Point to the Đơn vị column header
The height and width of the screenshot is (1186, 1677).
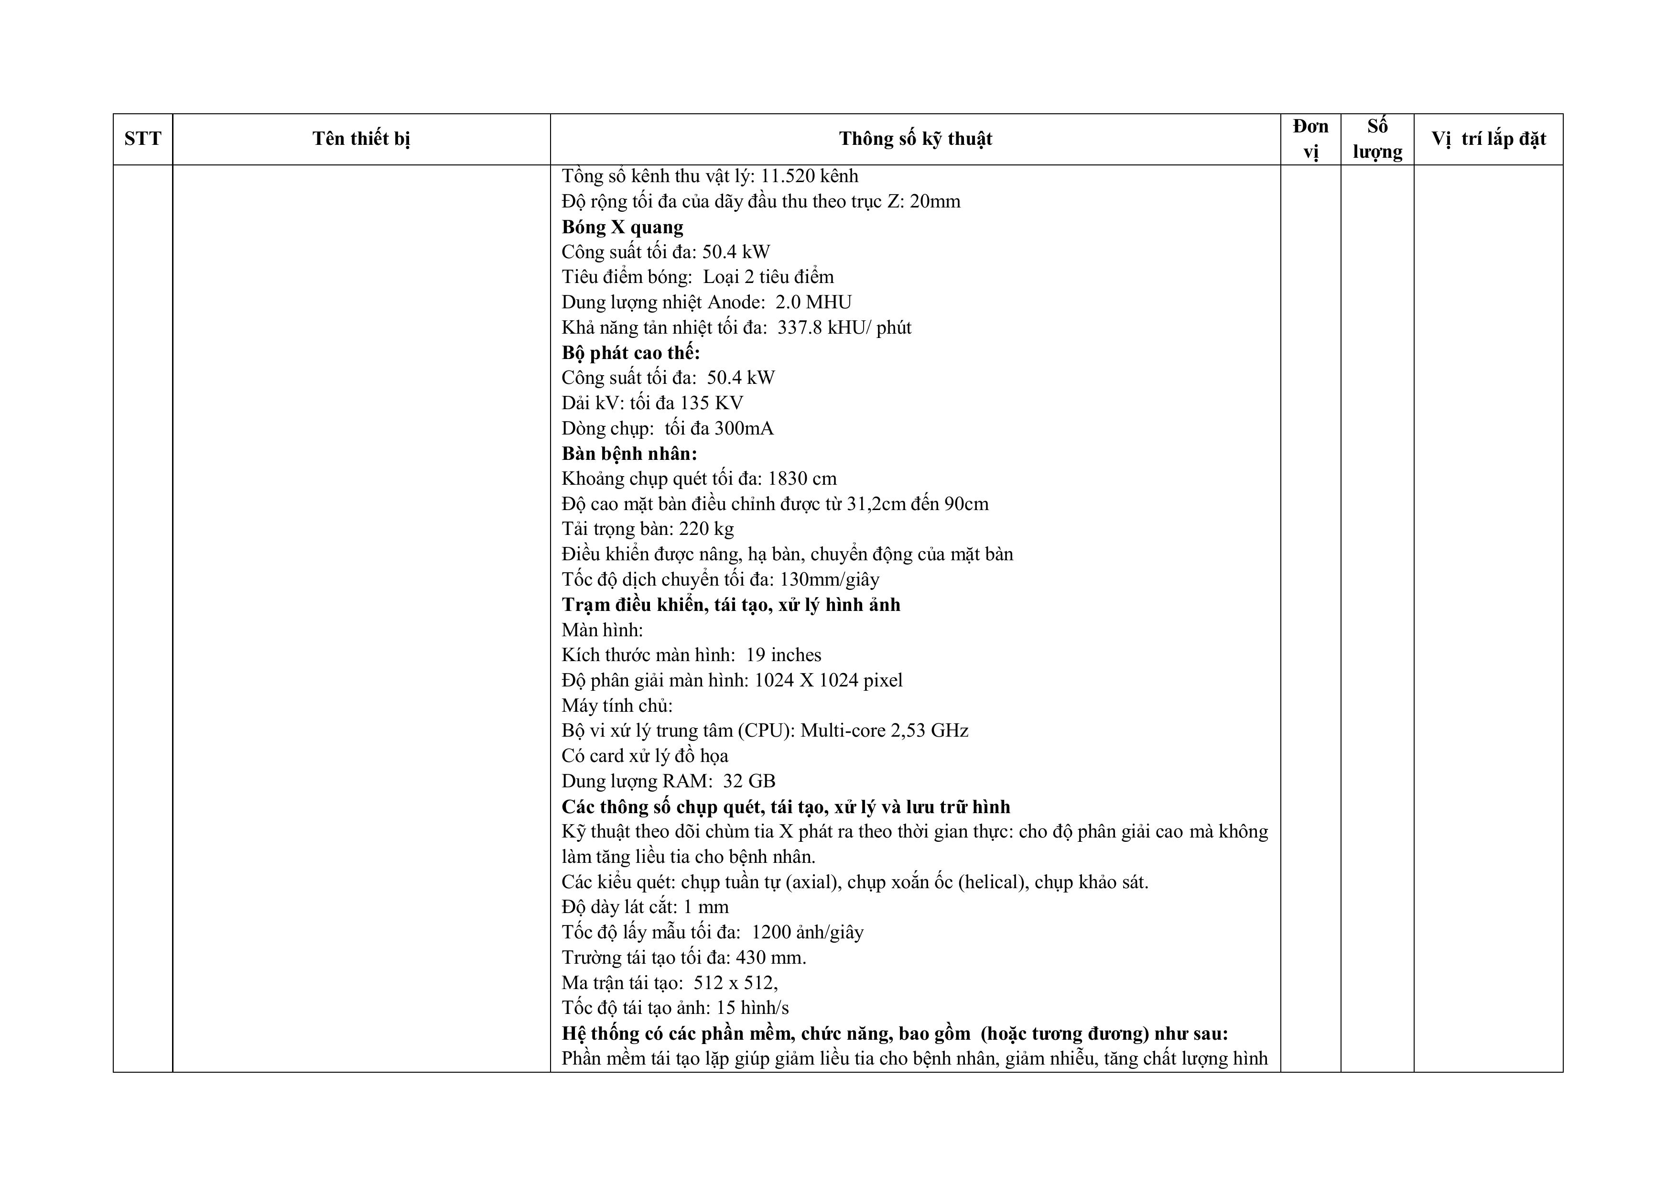tap(1310, 139)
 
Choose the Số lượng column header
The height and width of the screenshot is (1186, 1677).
tap(1377, 139)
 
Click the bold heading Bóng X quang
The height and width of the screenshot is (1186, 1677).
tap(622, 227)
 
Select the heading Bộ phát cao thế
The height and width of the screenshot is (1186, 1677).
tap(630, 353)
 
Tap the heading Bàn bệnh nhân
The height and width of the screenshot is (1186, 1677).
tap(629, 454)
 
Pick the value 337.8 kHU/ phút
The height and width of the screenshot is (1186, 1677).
tap(844, 327)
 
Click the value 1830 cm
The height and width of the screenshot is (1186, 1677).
tap(802, 479)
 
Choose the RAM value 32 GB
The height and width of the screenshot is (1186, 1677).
tap(749, 781)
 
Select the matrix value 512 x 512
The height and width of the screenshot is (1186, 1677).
tap(735, 983)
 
